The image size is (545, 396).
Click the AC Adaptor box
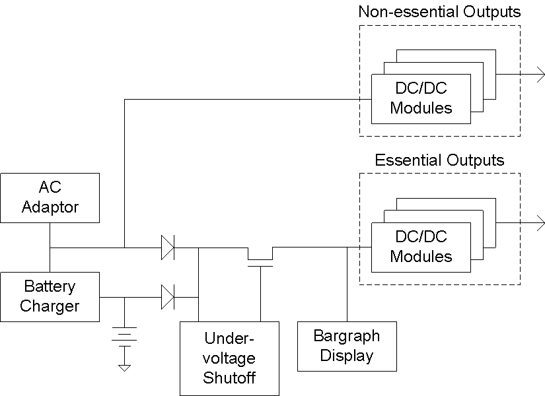(50, 197)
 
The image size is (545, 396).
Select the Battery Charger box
(50, 296)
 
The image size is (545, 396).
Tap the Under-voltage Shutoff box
(229, 358)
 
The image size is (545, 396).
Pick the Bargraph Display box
(347, 346)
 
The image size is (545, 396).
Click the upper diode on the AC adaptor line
(167, 248)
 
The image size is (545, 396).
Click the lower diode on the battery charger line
(167, 297)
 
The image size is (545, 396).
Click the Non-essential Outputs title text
(439, 12)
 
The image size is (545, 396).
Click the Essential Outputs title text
(439, 160)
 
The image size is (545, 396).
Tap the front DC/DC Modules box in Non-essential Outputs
(421, 99)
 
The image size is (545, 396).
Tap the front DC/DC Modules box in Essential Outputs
(421, 247)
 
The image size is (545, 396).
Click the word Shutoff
(229, 378)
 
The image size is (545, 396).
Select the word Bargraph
(347, 336)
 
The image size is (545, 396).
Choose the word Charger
(50, 306)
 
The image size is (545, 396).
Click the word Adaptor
(50, 207)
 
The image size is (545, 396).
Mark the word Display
(347, 356)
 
